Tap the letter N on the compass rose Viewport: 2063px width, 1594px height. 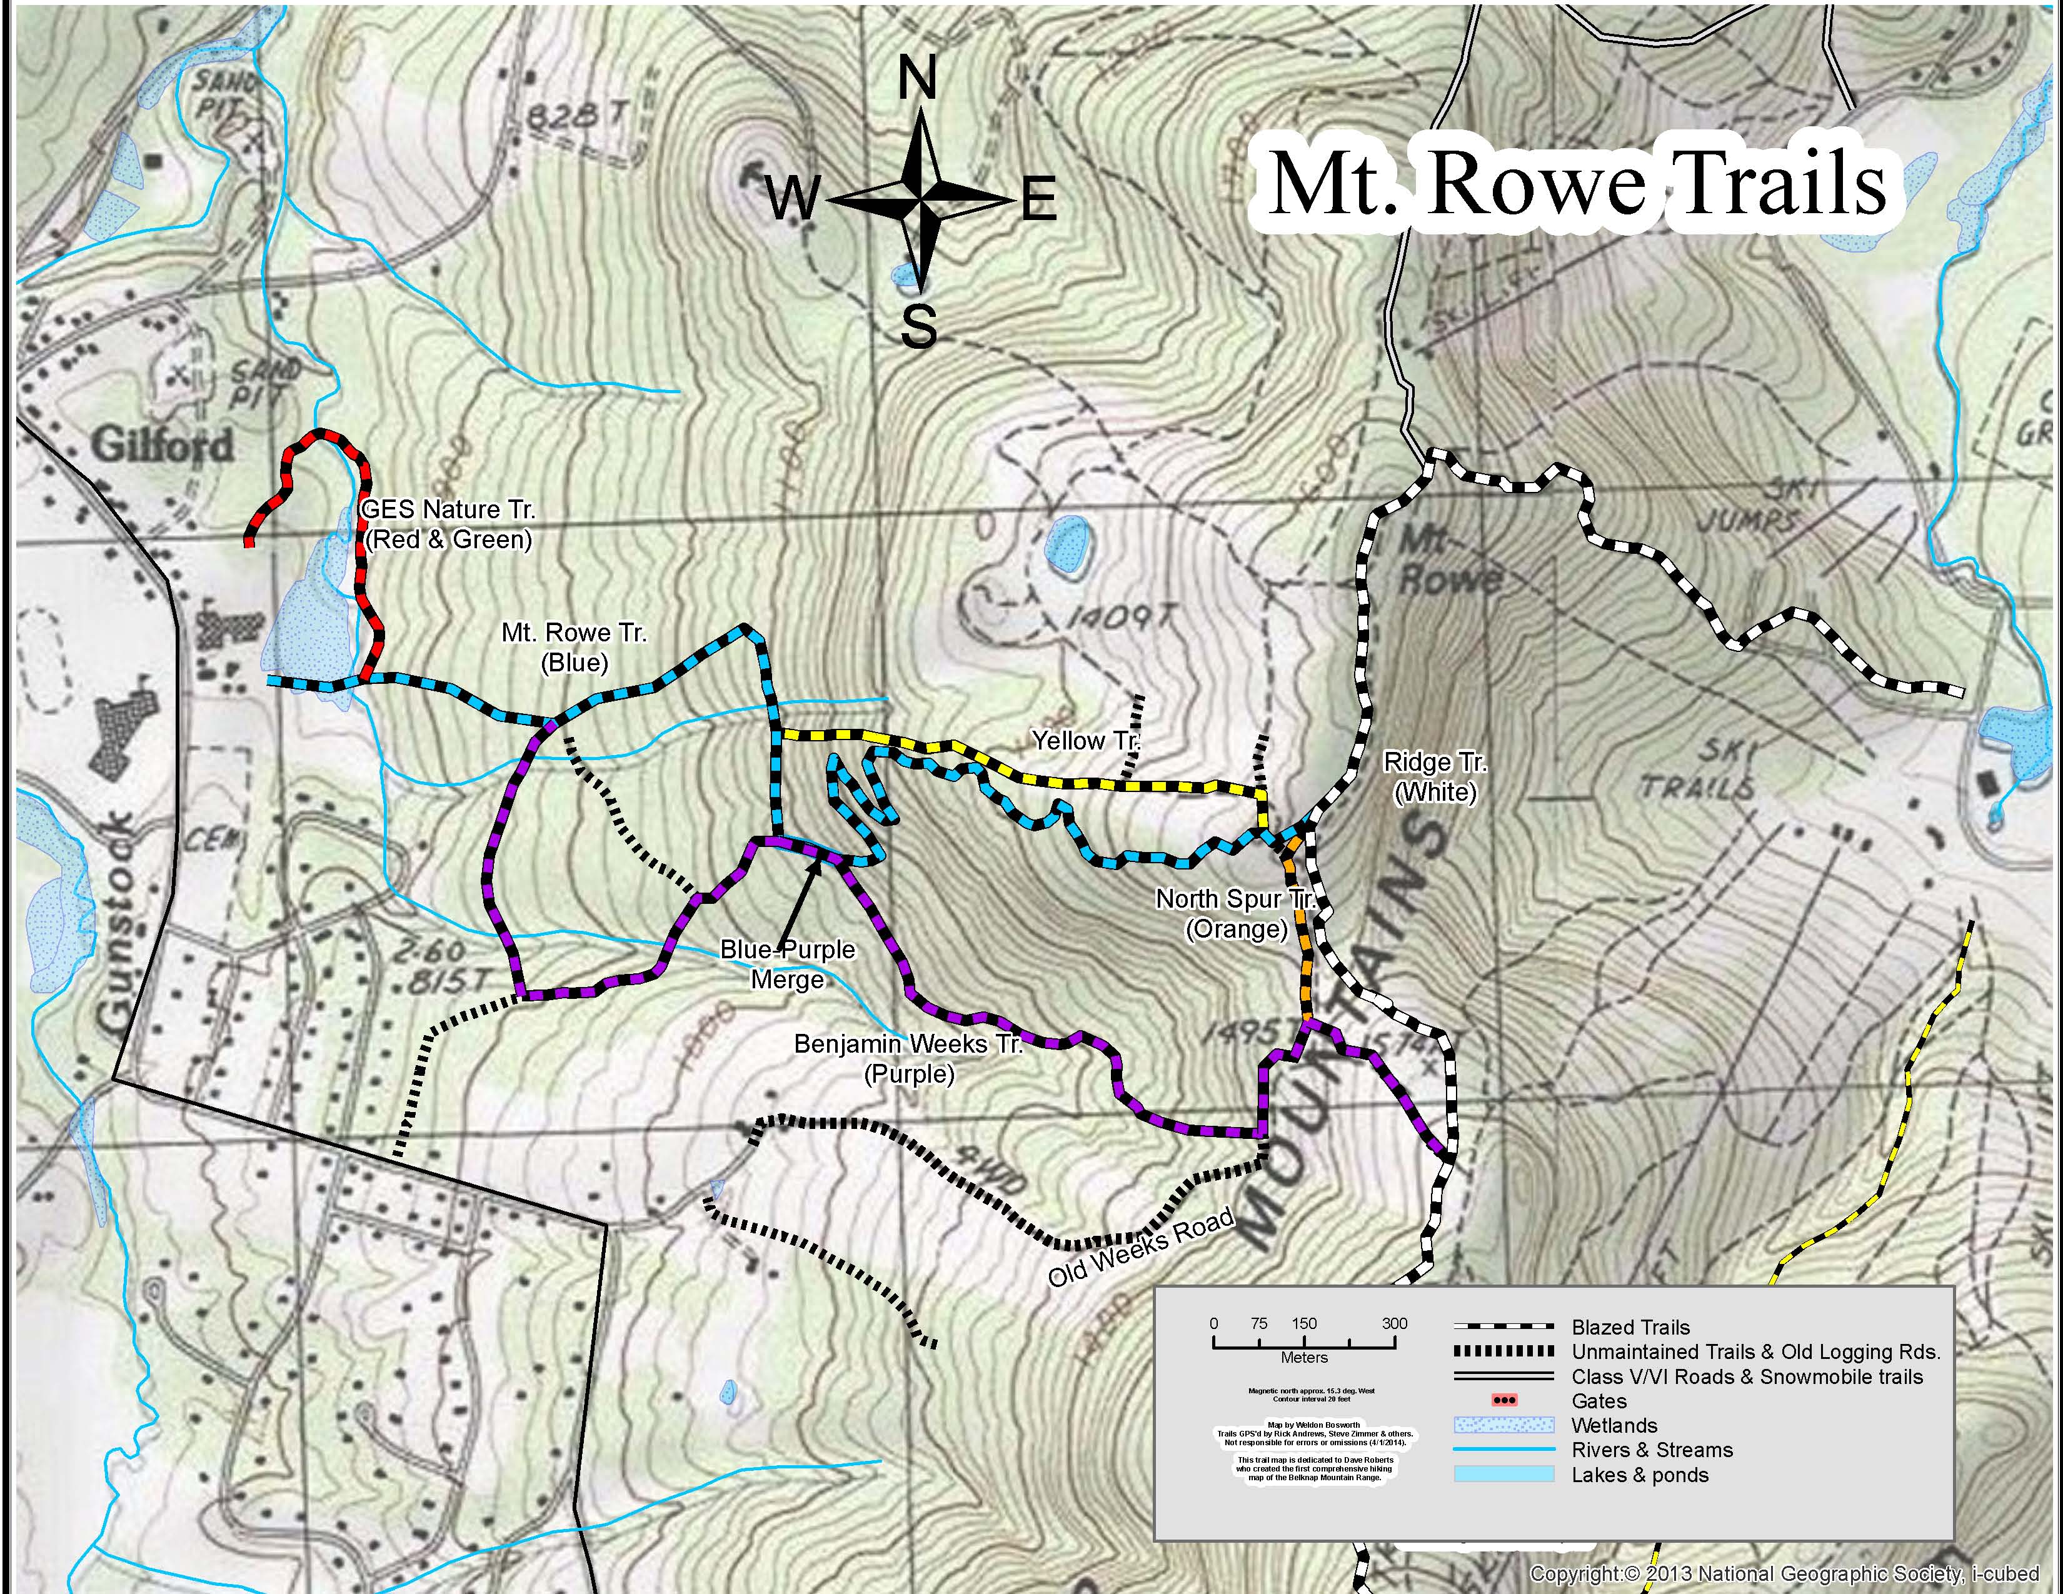point(916,78)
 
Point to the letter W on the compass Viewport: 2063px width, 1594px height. point(791,200)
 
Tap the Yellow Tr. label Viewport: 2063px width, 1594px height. point(1085,740)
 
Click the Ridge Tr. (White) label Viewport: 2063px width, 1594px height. point(1434,776)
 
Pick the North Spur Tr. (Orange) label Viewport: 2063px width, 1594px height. point(1235,913)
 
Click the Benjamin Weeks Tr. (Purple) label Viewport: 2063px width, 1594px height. point(908,1058)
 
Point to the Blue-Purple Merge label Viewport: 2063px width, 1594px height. point(787,964)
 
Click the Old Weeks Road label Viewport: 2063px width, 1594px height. point(1141,1248)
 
